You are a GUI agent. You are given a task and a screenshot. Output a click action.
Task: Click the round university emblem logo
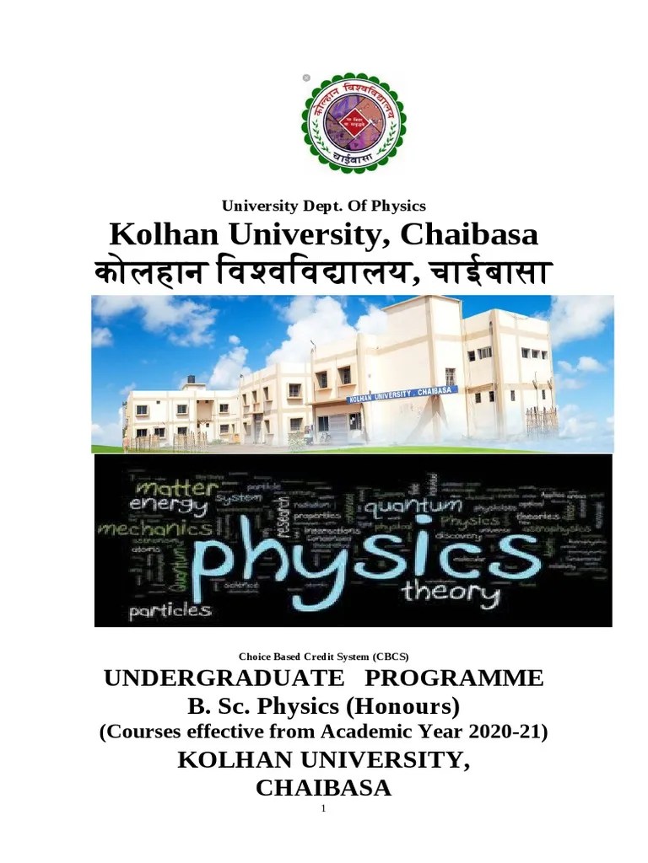(354, 122)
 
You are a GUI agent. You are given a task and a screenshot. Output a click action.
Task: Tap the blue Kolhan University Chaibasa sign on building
(402, 394)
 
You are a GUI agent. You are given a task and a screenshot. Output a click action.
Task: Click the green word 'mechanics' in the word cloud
(155, 530)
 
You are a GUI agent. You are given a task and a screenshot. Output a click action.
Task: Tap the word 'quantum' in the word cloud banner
(413, 507)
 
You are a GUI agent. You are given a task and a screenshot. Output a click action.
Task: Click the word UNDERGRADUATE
(224, 678)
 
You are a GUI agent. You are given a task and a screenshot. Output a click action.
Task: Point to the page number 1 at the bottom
(323, 809)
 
